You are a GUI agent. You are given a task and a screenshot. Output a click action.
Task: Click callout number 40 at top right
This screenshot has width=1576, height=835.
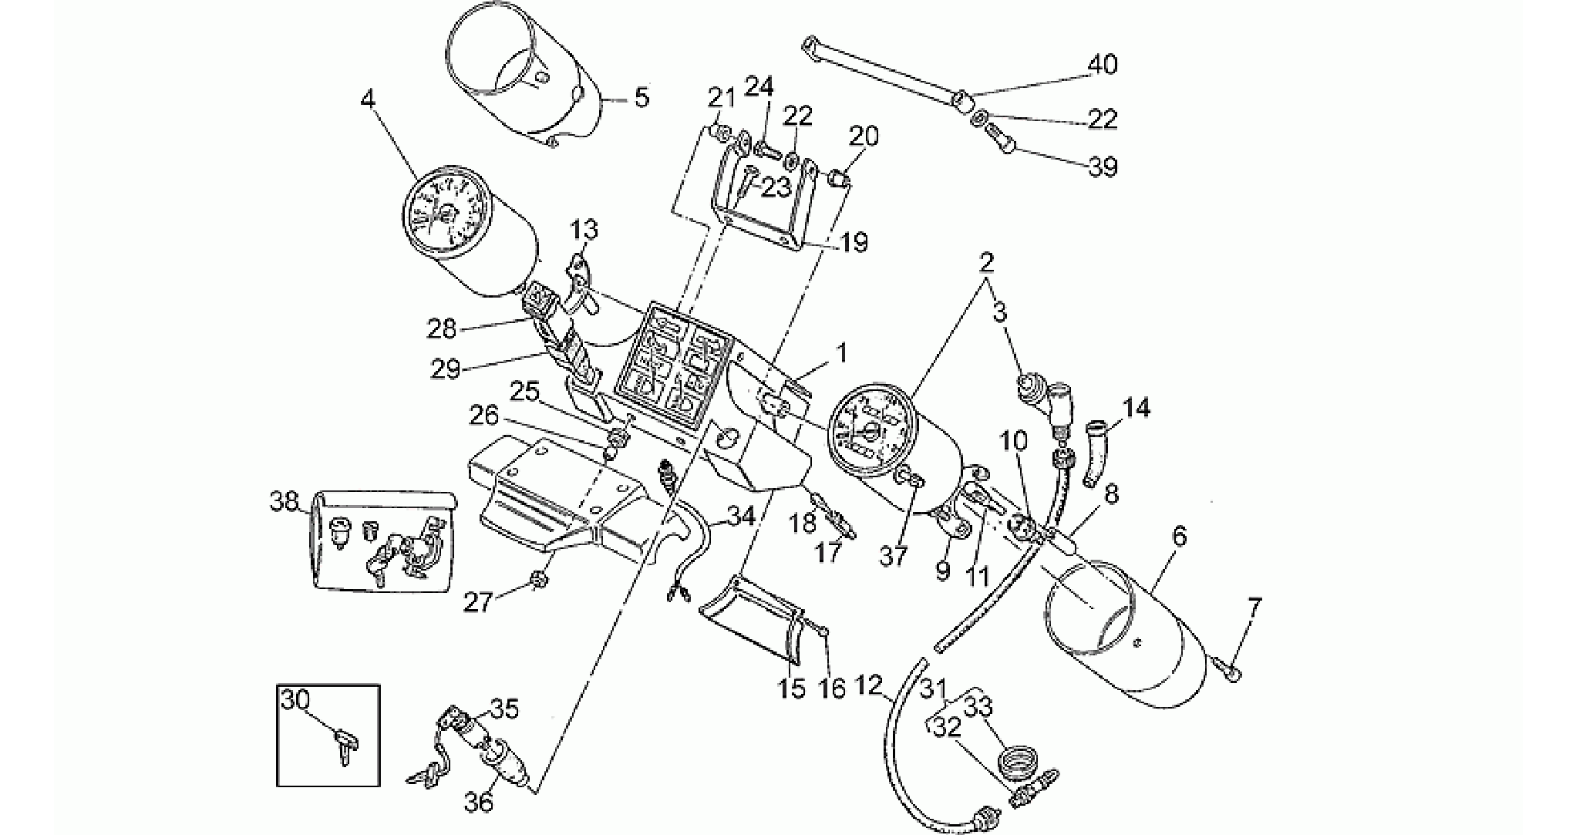tap(1102, 64)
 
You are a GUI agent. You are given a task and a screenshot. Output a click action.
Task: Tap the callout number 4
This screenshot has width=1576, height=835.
tap(369, 99)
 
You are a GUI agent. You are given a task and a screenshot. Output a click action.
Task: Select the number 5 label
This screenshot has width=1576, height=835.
tap(642, 98)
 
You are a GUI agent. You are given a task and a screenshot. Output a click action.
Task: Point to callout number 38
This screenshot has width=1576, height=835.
tap(284, 502)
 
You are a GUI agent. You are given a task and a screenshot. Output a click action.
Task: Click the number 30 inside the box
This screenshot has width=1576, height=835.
tap(295, 701)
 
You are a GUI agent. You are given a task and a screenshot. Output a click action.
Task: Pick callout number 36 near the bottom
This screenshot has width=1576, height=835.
tap(478, 802)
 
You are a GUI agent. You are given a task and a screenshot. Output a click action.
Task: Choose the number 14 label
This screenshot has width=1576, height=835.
tap(1137, 407)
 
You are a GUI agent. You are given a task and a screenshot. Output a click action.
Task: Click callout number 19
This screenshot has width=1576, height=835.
tap(853, 242)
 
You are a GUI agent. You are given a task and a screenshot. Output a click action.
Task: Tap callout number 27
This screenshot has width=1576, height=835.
tap(477, 602)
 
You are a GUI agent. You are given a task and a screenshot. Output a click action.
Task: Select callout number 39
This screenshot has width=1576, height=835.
tap(1103, 167)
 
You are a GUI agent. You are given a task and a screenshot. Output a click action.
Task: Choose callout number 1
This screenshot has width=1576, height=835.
tap(841, 354)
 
